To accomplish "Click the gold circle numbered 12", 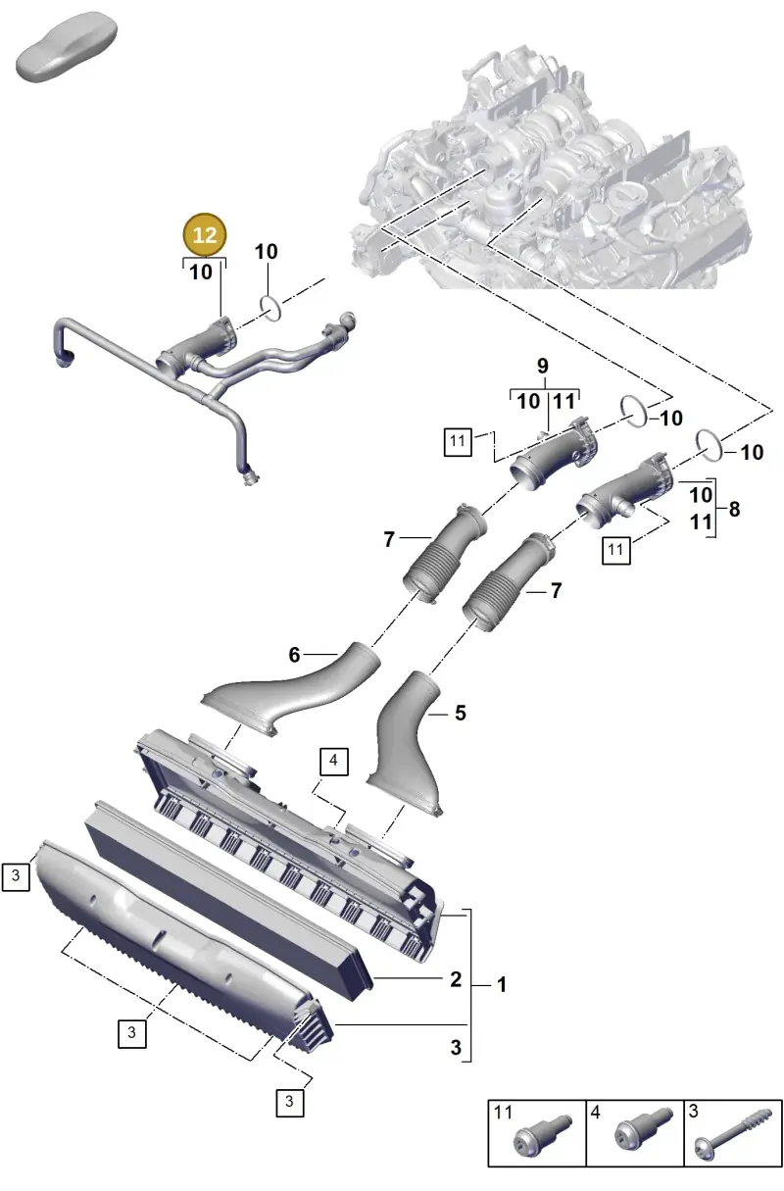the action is (205, 234).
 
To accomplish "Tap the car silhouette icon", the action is (66, 46).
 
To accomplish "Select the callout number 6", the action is (294, 655).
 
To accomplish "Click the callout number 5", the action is (461, 713).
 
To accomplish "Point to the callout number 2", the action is (456, 979).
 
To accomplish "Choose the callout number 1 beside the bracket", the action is (501, 985).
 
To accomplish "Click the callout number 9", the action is (542, 366).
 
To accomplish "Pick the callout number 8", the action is (734, 509).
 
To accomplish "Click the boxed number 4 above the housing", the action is (334, 762).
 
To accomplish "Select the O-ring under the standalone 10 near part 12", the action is (270, 309).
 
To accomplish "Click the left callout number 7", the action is (389, 539).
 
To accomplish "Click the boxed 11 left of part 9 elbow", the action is (458, 441).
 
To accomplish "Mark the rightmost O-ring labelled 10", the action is (710, 446).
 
